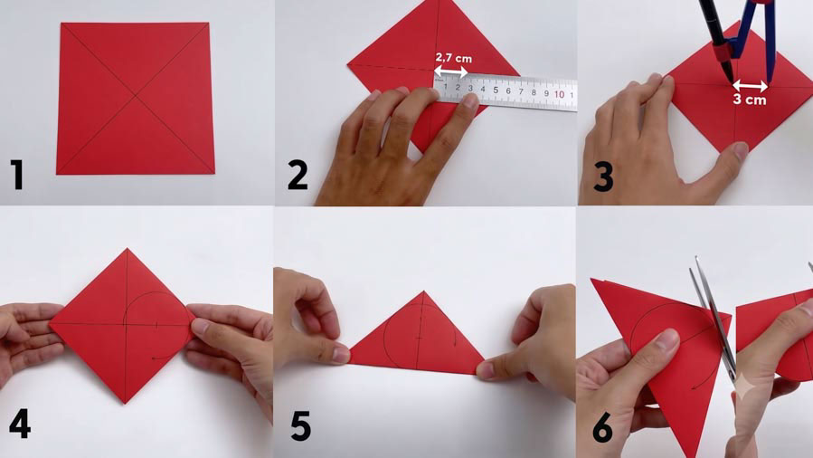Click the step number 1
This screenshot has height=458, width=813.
[17, 175]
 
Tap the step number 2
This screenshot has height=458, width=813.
[298, 175]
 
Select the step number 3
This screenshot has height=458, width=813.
[603, 176]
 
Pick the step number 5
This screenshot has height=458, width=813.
[301, 425]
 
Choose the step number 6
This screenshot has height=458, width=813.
[602, 428]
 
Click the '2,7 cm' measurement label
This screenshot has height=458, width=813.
[453, 58]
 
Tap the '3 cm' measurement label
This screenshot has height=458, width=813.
[749, 100]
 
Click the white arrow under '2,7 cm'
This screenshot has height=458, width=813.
[451, 72]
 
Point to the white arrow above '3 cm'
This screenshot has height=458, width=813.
[750, 86]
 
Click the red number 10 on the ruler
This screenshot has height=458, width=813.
[559, 94]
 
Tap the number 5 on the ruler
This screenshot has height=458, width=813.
[496, 91]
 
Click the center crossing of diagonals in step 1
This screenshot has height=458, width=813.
[136, 95]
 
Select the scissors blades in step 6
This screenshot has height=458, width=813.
[712, 317]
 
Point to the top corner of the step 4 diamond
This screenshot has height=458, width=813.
[127, 248]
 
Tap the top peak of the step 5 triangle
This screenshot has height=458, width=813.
[423, 291]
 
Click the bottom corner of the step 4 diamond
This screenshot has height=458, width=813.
[125, 403]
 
